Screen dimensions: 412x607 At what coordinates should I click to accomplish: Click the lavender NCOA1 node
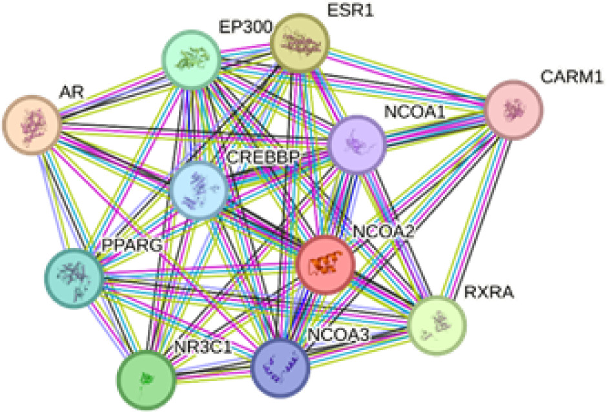coord(357,143)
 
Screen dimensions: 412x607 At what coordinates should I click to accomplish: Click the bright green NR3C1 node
coord(147,378)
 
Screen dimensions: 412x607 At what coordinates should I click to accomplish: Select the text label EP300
coord(243,27)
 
